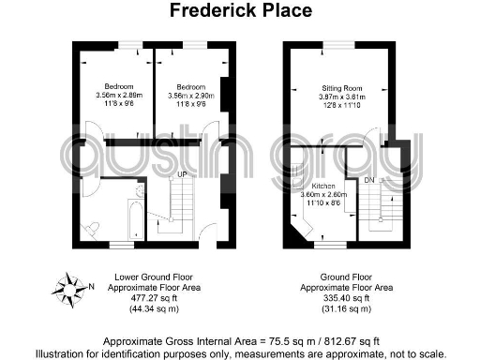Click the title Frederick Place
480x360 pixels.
coord(239,11)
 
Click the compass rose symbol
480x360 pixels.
coord(70,285)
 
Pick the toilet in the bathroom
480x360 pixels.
coord(92,226)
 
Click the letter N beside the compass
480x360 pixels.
coord(90,286)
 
